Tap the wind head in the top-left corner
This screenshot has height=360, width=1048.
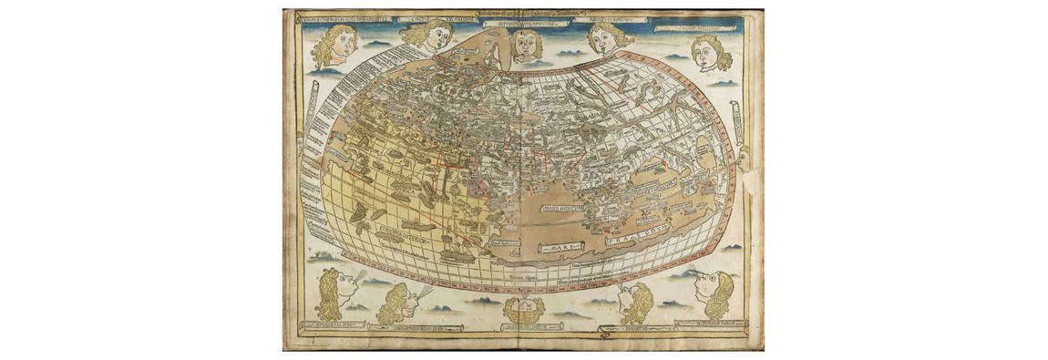tap(329, 47)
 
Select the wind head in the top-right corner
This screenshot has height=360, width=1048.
tap(714, 52)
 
